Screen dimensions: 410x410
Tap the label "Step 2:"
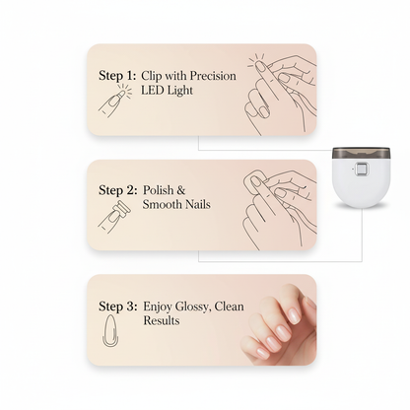(x=120, y=190)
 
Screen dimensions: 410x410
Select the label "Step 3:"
(x=120, y=306)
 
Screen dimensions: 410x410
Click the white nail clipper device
(x=361, y=181)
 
